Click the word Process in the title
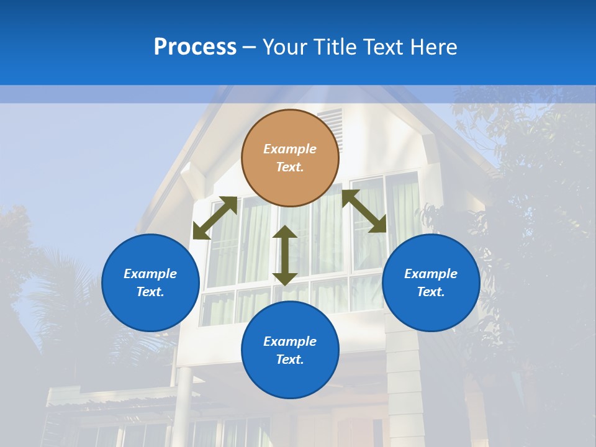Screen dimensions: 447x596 pos(195,47)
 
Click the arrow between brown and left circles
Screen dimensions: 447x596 pos(215,218)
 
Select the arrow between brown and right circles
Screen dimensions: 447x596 pos(364,211)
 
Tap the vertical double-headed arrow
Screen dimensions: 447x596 pos(285,255)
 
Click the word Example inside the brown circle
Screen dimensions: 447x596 pos(290,149)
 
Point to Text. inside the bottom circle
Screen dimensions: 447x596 pos(290,359)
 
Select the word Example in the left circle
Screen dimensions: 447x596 pos(150,274)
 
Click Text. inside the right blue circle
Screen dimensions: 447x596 pos(431,292)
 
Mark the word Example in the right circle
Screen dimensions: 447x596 pos(431,274)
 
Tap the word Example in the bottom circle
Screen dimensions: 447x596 pos(290,341)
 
